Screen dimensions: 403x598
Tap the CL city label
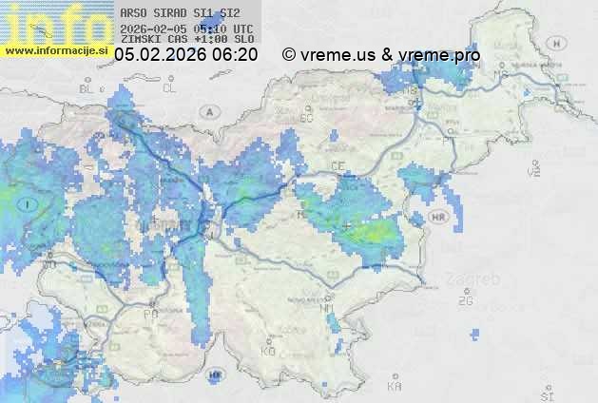coord(170,88)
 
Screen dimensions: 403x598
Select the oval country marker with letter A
coord(208,111)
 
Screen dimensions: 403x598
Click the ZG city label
coord(465,301)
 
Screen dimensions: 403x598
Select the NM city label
coord(328,309)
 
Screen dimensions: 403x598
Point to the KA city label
coord(395,387)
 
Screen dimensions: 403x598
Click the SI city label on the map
coord(546,393)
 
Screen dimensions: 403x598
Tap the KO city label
coord(268,351)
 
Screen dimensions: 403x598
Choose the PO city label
coord(150,314)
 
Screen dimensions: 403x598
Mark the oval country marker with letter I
coord(29,203)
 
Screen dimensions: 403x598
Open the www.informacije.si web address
coord(57,49)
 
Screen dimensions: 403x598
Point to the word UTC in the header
coord(242,29)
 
